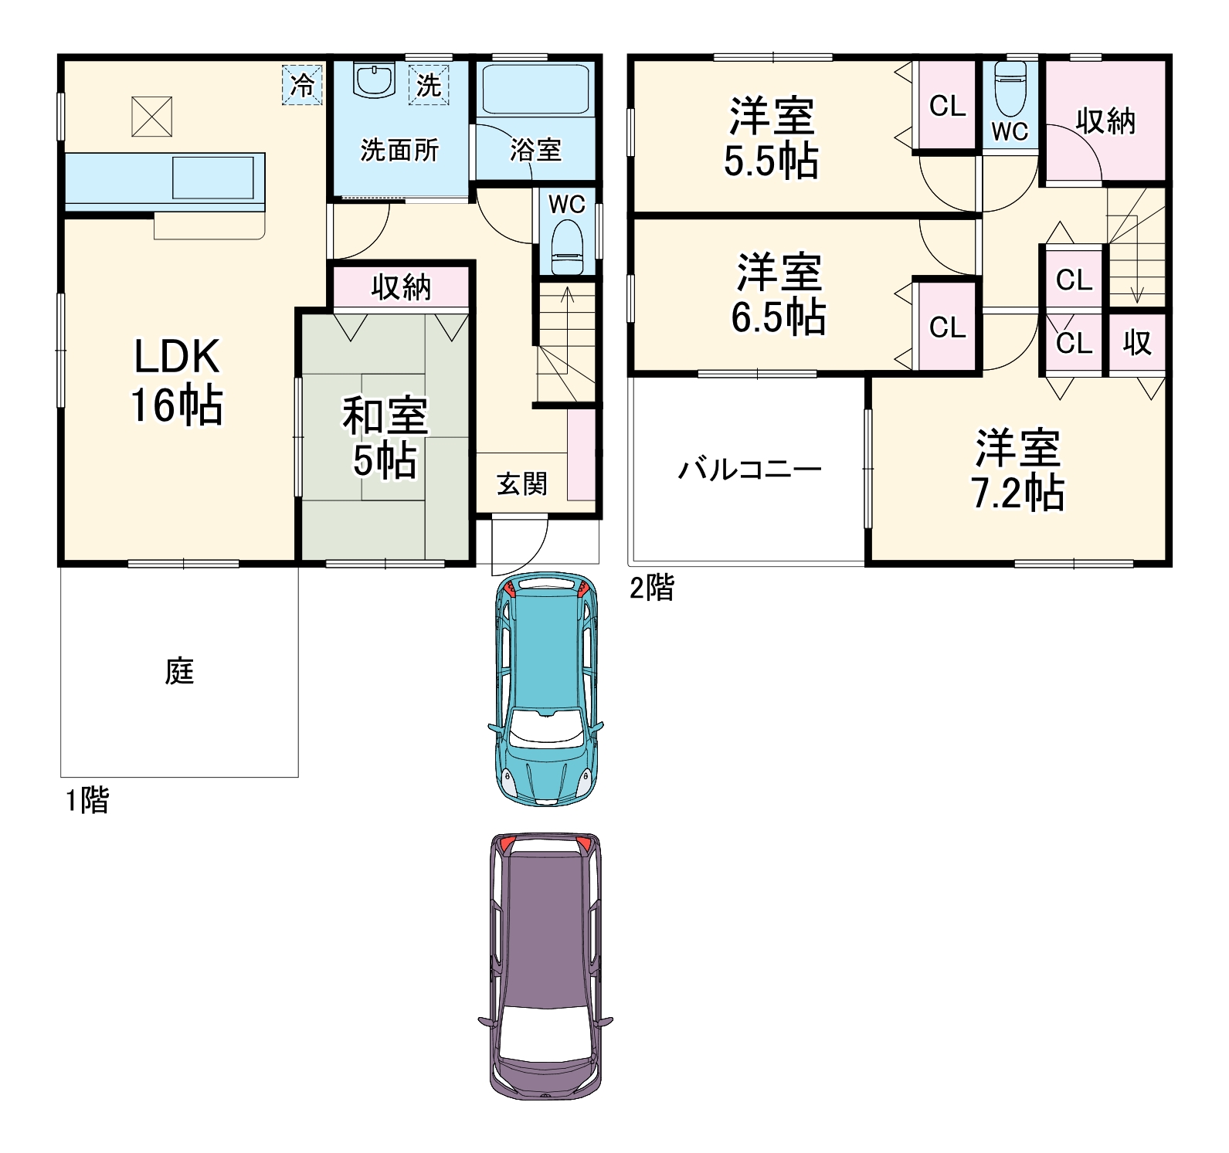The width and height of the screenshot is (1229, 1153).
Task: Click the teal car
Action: click(x=546, y=689)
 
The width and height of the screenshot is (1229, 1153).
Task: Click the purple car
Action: click(x=545, y=966)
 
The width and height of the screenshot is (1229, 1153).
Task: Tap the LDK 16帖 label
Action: click(x=177, y=380)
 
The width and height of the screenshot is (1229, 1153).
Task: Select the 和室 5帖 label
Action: click(x=385, y=437)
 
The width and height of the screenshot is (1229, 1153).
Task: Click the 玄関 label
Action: click(x=522, y=484)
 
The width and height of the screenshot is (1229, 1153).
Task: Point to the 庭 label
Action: click(x=179, y=671)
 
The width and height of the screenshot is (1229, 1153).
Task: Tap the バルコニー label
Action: click(x=749, y=469)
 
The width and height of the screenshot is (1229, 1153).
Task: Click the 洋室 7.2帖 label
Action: click(x=1017, y=470)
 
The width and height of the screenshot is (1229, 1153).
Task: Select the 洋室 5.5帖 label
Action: click(x=771, y=138)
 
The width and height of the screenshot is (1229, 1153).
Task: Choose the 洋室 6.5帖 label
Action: click(x=779, y=294)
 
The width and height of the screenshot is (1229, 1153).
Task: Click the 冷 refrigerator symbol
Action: click(x=302, y=84)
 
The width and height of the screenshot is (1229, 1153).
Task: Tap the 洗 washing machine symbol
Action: click(x=429, y=84)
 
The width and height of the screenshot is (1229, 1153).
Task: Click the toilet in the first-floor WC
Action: click(x=568, y=246)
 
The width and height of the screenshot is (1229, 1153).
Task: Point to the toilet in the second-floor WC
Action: click(x=1010, y=89)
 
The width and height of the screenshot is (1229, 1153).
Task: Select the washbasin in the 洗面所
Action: click(x=375, y=80)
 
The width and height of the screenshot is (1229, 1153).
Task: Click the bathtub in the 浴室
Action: click(x=535, y=90)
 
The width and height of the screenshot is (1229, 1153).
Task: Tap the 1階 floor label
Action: click(x=87, y=800)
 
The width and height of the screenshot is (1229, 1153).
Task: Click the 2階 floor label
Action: click(x=652, y=588)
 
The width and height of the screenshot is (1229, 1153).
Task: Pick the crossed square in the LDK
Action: click(x=151, y=117)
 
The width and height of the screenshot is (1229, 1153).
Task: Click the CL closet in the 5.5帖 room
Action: click(x=948, y=106)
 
